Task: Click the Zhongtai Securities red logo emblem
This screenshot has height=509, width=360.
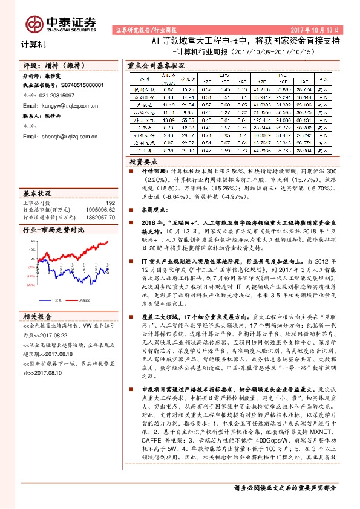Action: click(x=33, y=23)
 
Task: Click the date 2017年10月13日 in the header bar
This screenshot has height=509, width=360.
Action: click(x=319, y=29)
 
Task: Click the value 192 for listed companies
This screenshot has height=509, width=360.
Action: click(x=110, y=204)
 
